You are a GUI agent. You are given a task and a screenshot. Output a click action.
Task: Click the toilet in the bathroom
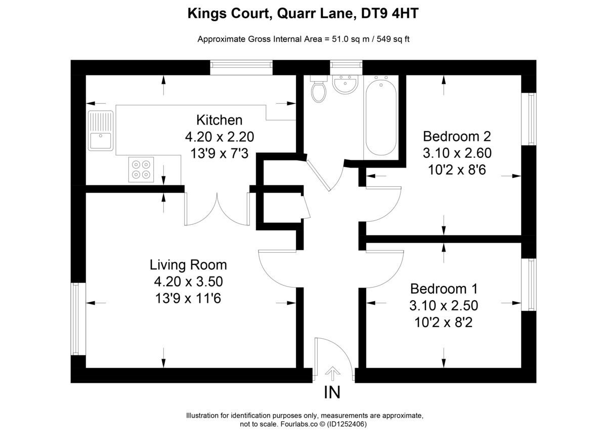[319, 91]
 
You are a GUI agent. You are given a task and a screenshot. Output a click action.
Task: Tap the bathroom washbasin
[345, 85]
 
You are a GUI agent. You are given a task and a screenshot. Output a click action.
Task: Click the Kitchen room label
[219, 120]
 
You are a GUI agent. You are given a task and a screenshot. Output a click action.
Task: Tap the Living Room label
[188, 265]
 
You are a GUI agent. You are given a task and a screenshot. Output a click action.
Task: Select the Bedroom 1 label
[444, 289]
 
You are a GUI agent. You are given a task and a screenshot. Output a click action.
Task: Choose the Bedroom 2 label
[457, 136]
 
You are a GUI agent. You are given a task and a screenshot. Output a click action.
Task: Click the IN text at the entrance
[332, 392]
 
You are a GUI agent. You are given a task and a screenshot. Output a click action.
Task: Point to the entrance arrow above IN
[332, 374]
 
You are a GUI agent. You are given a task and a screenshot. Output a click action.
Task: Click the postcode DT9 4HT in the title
[390, 14]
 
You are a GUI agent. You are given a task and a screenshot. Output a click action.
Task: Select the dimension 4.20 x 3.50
[189, 282]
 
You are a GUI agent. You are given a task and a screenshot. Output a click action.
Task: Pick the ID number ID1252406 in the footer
[347, 424]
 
